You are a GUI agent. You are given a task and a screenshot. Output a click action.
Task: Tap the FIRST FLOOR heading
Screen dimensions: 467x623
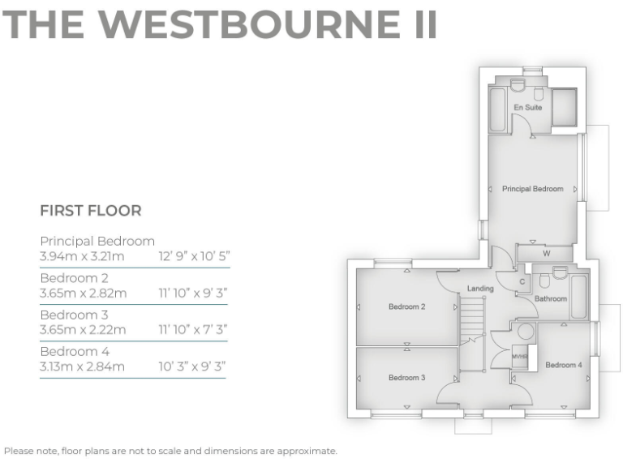click(x=91, y=211)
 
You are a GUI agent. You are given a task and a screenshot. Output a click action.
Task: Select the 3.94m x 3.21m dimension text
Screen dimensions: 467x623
click(x=82, y=257)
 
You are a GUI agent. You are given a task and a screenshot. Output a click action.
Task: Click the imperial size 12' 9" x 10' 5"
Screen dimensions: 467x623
click(x=194, y=257)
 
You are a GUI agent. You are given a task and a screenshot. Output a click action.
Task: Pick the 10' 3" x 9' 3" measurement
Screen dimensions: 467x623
click(x=191, y=366)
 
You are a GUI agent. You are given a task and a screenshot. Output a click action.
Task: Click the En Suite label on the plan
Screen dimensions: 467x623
click(x=527, y=107)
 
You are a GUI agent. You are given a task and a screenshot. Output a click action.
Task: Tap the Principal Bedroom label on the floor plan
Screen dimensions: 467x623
click(x=532, y=189)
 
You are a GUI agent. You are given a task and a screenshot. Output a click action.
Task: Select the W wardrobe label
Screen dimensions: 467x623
click(x=546, y=254)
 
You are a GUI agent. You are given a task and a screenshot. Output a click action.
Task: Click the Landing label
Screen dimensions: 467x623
click(x=480, y=289)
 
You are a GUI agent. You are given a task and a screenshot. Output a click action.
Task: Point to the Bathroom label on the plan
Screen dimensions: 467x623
click(x=551, y=298)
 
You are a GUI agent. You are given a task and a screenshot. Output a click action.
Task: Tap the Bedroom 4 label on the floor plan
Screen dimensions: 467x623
click(x=563, y=365)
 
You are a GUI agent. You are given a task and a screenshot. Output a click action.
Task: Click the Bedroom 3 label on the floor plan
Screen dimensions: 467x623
click(x=406, y=378)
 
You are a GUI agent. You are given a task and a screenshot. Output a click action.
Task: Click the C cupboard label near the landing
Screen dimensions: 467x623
click(x=522, y=281)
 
